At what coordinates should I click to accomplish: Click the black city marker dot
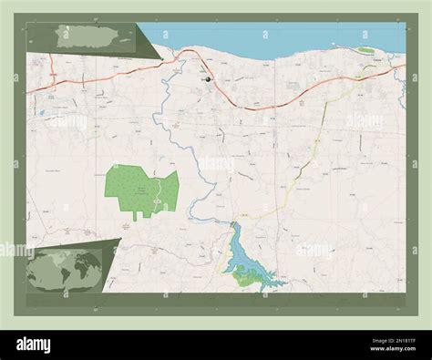(209, 80)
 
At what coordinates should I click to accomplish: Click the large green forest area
(132, 188)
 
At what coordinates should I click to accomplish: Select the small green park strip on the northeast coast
(365, 50)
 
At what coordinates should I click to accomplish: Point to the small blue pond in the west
(41, 113)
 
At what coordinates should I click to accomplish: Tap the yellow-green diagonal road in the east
(305, 164)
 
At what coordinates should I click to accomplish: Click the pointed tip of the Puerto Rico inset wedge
(162, 60)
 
